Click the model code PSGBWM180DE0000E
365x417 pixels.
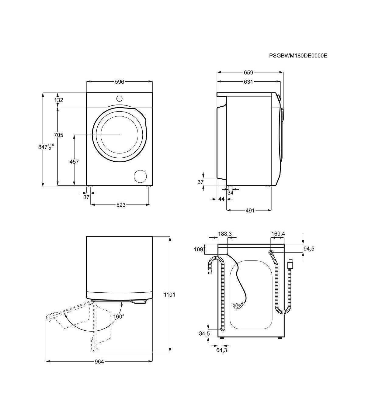(x=298, y=56)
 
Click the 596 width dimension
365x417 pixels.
(x=120, y=82)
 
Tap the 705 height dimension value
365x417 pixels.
(x=58, y=135)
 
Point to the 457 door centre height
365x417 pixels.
(x=74, y=162)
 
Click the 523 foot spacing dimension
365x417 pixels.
(x=121, y=205)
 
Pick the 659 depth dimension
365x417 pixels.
(x=249, y=72)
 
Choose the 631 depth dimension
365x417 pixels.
(x=249, y=82)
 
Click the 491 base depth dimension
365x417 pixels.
(x=250, y=210)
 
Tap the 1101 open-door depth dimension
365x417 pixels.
(x=170, y=295)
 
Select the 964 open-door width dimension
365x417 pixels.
(x=99, y=362)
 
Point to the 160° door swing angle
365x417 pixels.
(x=119, y=316)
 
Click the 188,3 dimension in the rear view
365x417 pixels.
(x=225, y=234)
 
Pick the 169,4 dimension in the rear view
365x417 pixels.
(x=278, y=234)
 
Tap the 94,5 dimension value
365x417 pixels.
(x=309, y=249)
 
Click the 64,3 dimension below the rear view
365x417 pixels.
(x=221, y=350)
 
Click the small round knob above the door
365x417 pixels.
(x=120, y=98)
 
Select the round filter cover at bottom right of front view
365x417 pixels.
(x=140, y=176)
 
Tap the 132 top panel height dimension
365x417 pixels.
(x=59, y=100)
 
